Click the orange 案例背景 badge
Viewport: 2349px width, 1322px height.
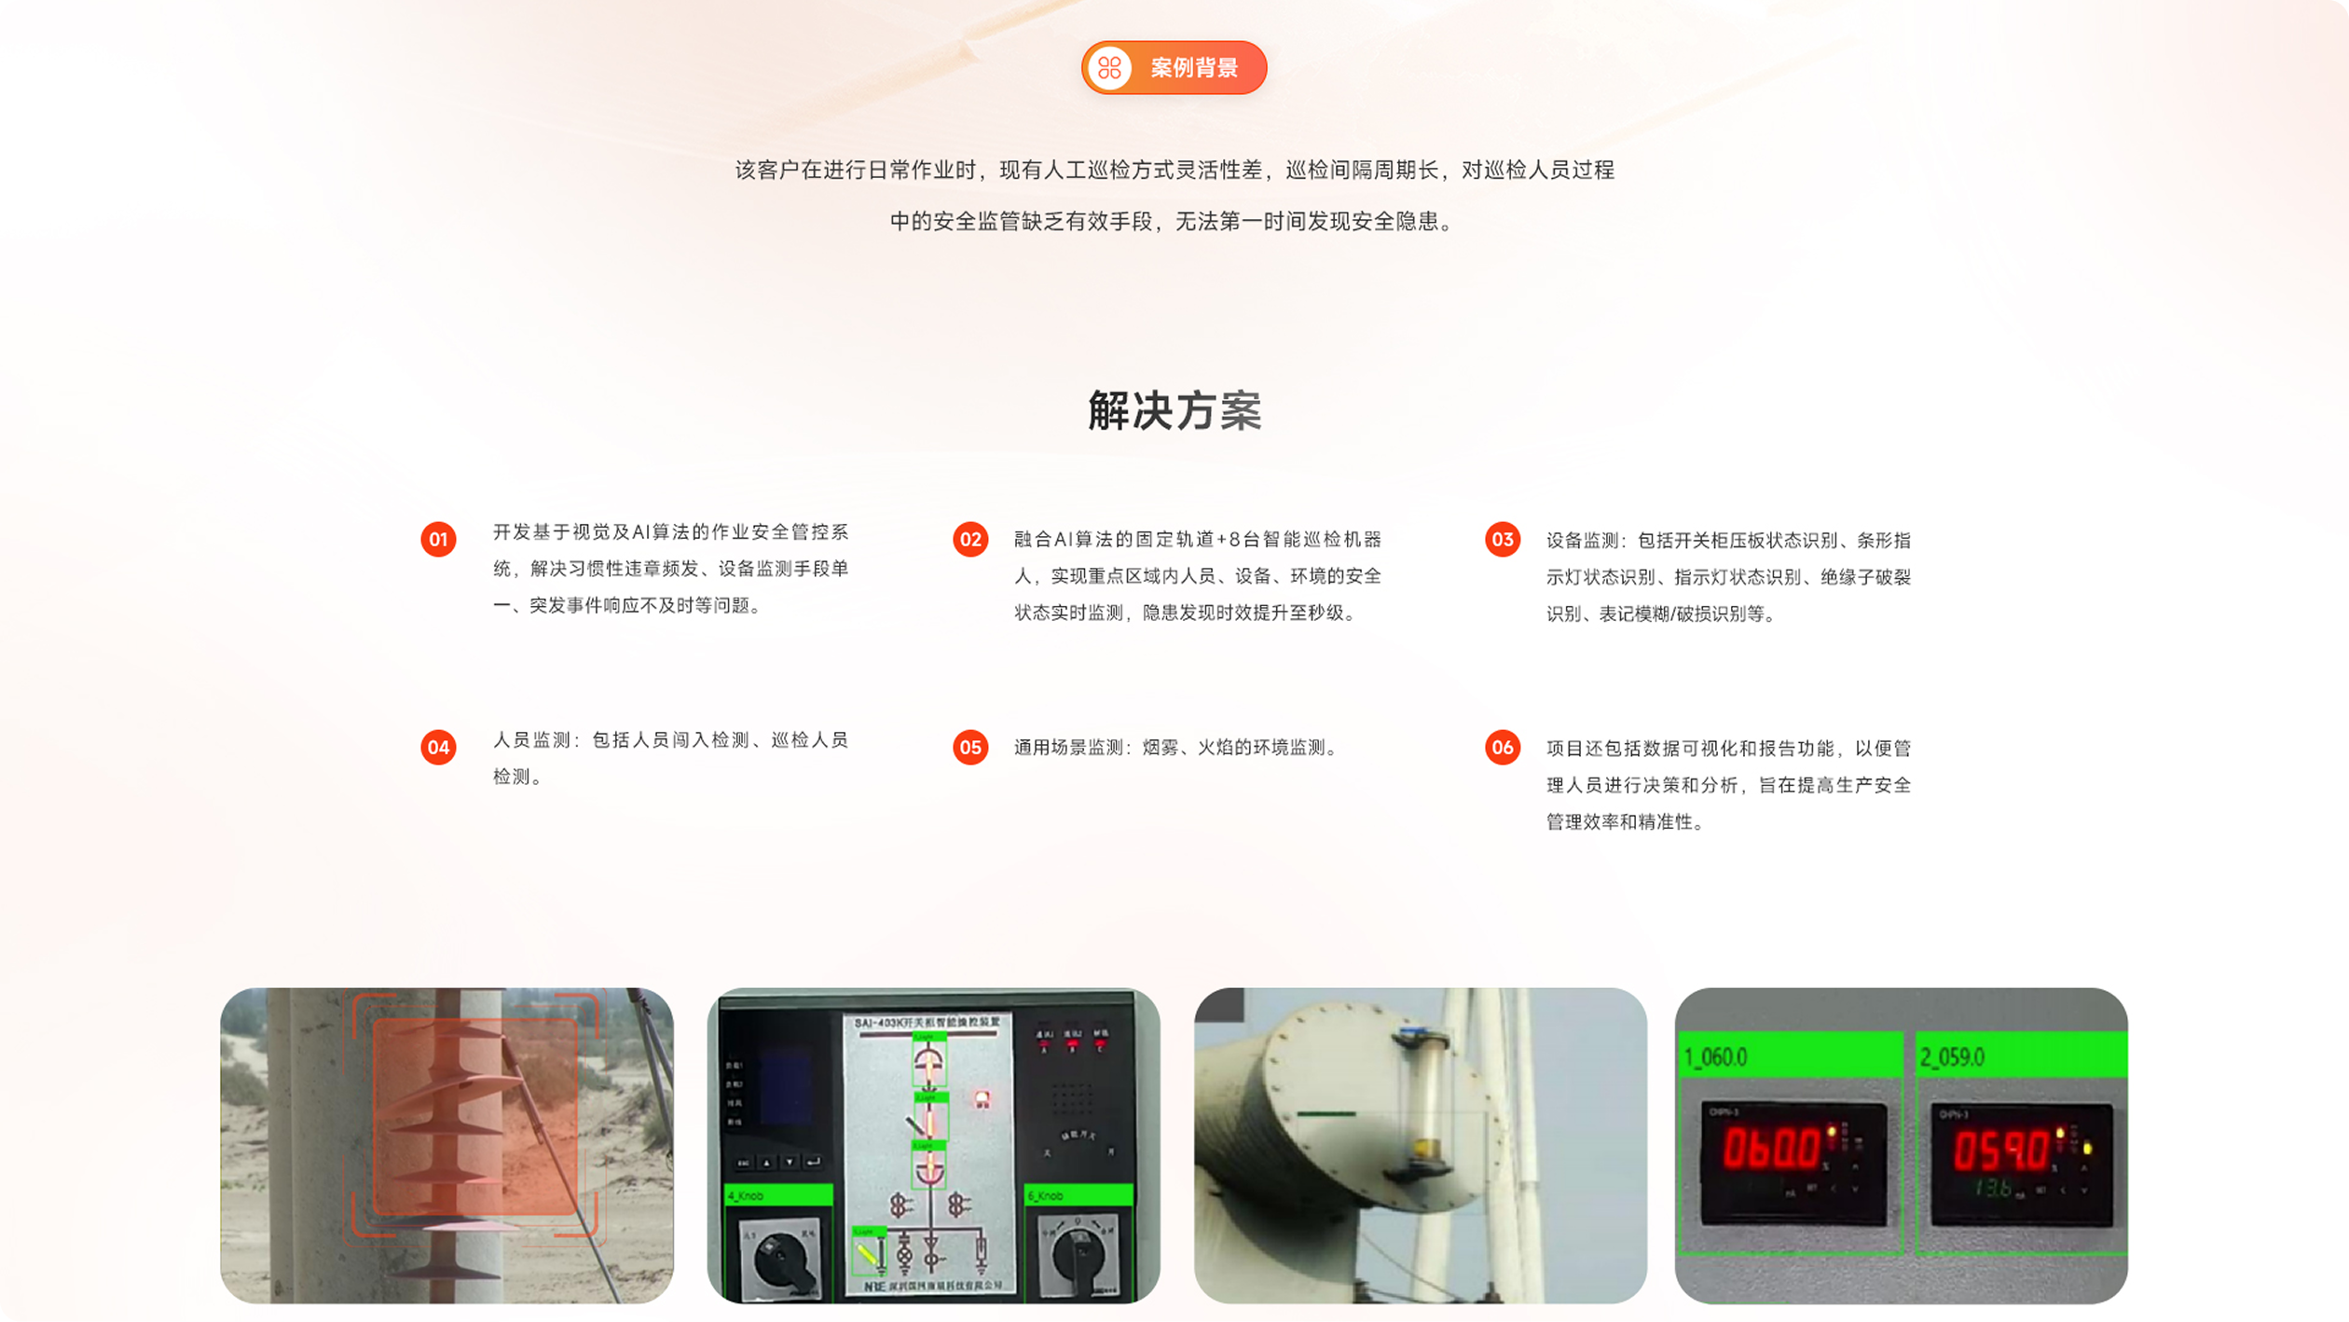[1174, 68]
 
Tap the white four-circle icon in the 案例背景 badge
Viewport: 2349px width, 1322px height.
[1109, 68]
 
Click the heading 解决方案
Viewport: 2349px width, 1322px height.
[1174, 411]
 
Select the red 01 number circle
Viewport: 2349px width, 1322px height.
[438, 540]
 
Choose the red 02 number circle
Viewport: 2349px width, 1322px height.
[970, 540]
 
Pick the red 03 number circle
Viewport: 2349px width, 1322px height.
[1503, 540]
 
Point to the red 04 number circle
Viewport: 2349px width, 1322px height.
[438, 748]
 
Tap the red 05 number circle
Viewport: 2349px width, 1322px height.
[970, 748]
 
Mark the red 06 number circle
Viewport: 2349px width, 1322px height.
[1503, 748]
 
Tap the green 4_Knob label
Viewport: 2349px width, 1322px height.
[747, 1195]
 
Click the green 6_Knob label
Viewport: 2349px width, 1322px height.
[1046, 1195]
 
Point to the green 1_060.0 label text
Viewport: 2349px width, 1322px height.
[1715, 1057]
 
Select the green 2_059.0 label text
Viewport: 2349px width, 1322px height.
[1952, 1057]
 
